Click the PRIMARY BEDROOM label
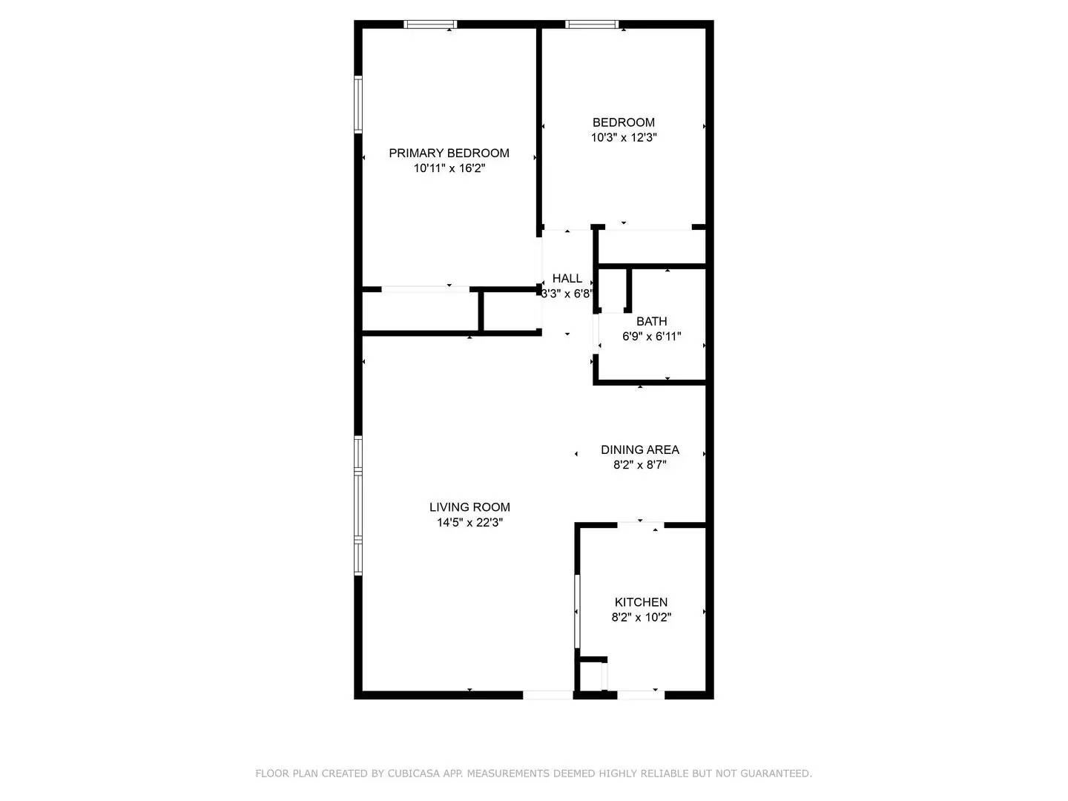coord(449,153)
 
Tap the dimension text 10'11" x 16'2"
coord(449,168)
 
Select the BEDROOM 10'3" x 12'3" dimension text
coord(624,137)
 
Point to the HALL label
coord(567,278)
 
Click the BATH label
coord(651,321)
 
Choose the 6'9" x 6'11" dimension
coord(651,336)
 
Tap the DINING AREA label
coord(639,449)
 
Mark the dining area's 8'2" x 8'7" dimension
coord(639,465)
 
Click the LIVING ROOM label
coord(469,507)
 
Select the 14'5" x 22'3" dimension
coord(469,522)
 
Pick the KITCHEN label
coord(641,602)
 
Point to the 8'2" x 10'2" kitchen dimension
coord(641,617)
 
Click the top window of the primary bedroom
coord(430,24)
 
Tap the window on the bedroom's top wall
coord(591,24)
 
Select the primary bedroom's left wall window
coord(358,105)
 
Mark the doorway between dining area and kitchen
coord(640,525)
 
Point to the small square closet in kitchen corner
coord(592,676)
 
